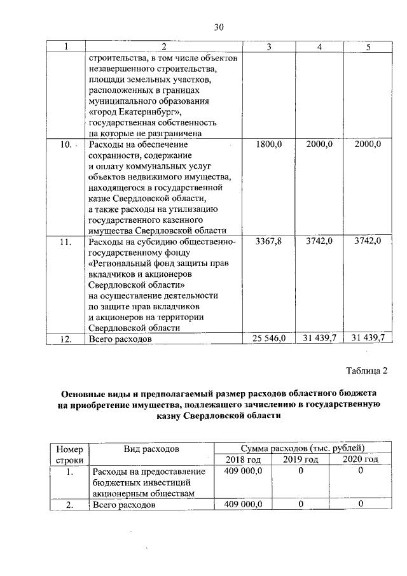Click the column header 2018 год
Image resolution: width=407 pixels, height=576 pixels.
243,460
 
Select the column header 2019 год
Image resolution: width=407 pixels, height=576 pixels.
300,460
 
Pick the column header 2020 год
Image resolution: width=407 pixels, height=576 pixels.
360,460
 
